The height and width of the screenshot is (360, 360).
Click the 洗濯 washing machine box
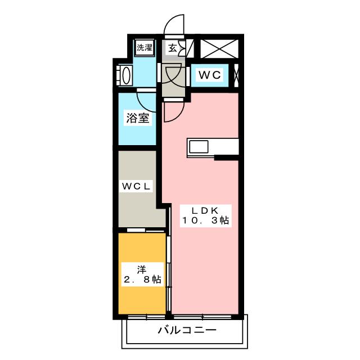[145, 48]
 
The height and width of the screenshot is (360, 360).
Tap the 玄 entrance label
[173, 48]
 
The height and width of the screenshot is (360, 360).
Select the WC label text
[211, 75]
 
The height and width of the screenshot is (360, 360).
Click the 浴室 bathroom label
[138, 119]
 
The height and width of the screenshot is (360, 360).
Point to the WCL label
[135, 186]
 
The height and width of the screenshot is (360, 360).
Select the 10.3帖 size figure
[205, 222]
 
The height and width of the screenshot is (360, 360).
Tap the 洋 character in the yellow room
[142, 268]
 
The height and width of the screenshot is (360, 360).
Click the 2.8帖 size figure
[142, 280]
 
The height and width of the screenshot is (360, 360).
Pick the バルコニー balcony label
[186, 330]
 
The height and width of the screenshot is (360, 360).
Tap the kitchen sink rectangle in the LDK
[199, 146]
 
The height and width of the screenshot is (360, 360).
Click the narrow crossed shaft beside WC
[236, 75]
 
